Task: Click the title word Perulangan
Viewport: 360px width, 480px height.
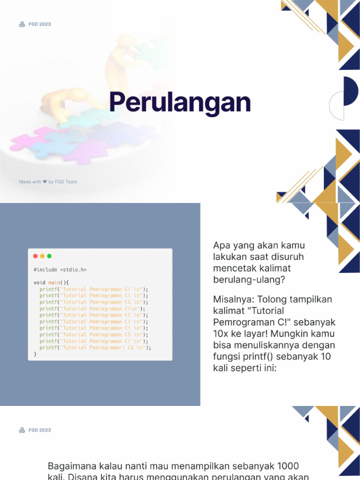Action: tap(180, 103)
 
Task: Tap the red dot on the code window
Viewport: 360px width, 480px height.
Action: tap(35, 256)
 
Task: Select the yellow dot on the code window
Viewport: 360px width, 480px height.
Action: tap(42, 256)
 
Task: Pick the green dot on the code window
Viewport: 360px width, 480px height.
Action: tap(49, 256)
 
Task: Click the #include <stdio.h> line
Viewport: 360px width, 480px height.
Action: tap(60, 270)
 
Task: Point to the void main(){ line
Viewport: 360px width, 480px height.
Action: tap(51, 283)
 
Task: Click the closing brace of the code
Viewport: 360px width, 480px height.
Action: tap(35, 354)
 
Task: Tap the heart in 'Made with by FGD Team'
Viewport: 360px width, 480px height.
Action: tap(45, 182)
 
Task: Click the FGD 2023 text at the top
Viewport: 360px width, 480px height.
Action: tap(39, 24)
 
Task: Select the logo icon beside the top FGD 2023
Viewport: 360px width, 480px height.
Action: tap(22, 24)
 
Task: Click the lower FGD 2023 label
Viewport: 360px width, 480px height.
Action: tap(39, 430)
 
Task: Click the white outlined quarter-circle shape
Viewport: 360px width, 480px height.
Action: tap(337, 106)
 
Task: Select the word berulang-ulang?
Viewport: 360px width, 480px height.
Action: tap(249, 280)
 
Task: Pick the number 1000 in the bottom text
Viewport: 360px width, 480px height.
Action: tap(287, 466)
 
